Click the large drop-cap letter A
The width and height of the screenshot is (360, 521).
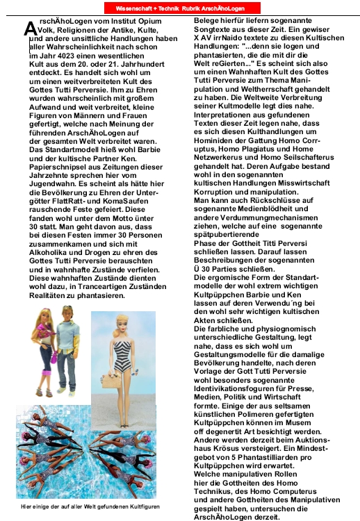pos(29,29)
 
